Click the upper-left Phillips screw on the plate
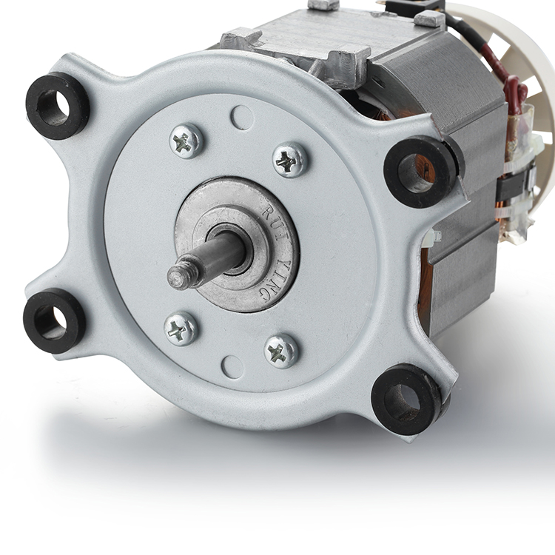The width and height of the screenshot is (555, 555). click(x=186, y=141)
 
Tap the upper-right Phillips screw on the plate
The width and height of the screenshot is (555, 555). click(x=290, y=160)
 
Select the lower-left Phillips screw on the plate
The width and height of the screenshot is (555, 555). click(x=181, y=329)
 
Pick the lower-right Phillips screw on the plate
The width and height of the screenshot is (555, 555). click(x=281, y=351)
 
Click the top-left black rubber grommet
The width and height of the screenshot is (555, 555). click(x=57, y=106)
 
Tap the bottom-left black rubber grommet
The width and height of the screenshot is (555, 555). click(x=54, y=320)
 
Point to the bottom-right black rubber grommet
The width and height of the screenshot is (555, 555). click(x=407, y=399)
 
